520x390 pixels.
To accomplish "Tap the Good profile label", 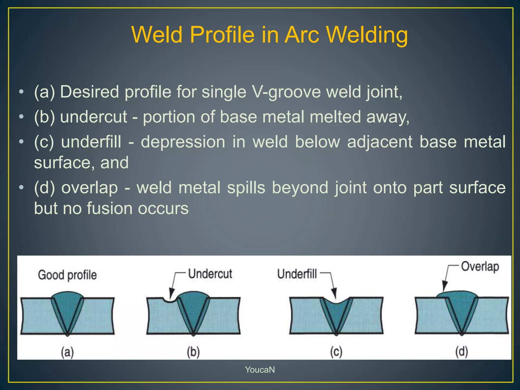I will (67, 275).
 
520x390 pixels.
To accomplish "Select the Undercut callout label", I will (210, 274).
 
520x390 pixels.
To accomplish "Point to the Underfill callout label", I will (297, 274).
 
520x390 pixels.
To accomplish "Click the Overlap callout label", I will (480, 267).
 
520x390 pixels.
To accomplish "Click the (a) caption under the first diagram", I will (67, 352).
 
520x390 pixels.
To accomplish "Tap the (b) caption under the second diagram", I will (193, 352).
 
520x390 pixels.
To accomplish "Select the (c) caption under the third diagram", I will (336, 352).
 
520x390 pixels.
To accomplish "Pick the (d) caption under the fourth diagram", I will (461, 352).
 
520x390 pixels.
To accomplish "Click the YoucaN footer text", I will (260, 370).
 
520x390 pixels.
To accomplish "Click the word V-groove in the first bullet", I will (287, 92).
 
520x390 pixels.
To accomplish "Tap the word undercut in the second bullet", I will (93, 117).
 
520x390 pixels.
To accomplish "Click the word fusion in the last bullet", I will (110, 208).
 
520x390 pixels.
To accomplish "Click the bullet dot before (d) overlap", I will (22, 188).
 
